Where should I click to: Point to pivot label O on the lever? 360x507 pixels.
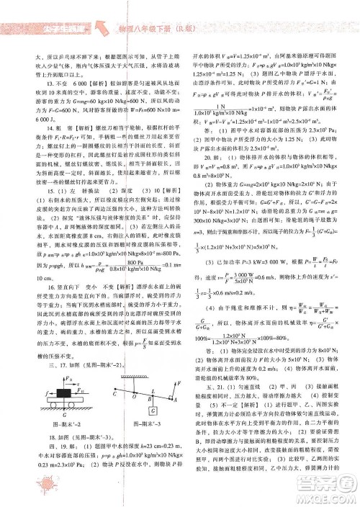pos(134,394)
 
